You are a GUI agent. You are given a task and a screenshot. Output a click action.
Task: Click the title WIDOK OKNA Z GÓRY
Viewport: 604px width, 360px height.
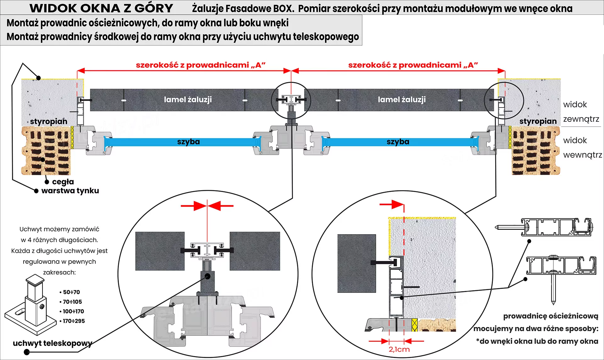[101, 8]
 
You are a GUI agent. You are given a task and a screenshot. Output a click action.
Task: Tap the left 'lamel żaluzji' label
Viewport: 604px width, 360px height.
[188, 100]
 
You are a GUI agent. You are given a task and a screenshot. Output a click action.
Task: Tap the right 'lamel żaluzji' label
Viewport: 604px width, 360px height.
[402, 100]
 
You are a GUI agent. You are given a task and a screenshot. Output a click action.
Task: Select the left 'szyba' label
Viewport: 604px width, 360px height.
[188, 142]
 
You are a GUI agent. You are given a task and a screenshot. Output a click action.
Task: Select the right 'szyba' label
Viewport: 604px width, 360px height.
[398, 142]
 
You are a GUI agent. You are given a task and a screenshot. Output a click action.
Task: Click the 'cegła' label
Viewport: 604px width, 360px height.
[63, 182]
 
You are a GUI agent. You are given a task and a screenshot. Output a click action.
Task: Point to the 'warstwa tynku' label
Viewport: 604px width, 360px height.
[70, 191]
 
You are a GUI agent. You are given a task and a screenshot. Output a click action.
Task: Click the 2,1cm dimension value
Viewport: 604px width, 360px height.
[399, 349]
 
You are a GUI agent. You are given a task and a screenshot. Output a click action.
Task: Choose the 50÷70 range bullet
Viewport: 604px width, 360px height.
[71, 292]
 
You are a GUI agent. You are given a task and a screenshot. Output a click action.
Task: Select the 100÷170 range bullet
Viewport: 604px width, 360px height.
[73, 311]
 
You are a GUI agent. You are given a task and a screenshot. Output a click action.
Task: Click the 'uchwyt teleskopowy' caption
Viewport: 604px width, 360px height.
[53, 343]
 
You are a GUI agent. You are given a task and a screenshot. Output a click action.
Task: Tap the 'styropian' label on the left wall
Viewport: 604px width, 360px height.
[49, 121]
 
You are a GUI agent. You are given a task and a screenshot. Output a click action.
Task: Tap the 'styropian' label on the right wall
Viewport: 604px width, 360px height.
[538, 121]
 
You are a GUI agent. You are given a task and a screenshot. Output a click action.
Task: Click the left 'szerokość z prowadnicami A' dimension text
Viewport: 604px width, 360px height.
[201, 65]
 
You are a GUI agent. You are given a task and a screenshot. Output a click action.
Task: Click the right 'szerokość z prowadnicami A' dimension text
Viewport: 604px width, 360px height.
[413, 65]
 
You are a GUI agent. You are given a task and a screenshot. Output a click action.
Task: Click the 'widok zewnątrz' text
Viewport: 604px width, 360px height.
[581, 112]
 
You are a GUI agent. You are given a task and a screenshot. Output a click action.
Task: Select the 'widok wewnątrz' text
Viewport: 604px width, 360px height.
[582, 147]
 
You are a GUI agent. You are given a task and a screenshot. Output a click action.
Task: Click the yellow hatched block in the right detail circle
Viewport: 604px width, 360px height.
[415, 325]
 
